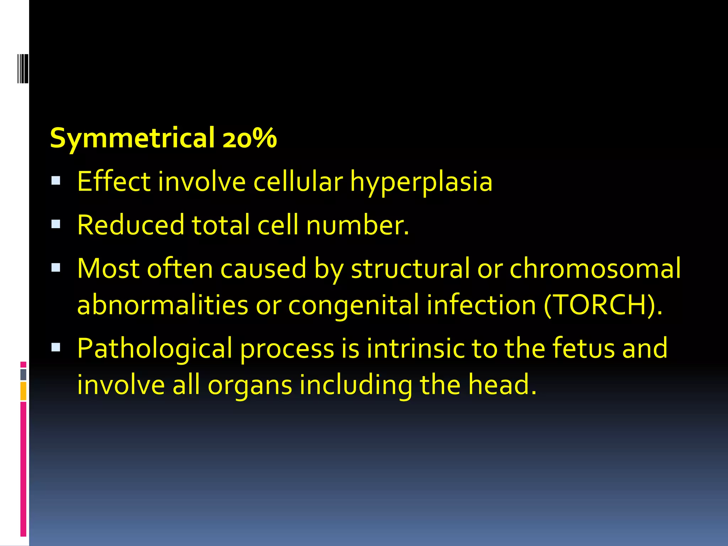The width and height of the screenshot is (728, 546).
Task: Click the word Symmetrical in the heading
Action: pyautogui.click(x=132, y=138)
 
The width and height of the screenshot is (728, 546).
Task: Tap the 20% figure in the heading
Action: pyautogui.click(x=250, y=138)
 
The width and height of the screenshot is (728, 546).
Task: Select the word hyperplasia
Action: pyautogui.click(x=421, y=182)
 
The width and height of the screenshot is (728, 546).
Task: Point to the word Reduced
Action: pyautogui.click(x=131, y=225)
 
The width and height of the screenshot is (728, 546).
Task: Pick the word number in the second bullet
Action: pyautogui.click(x=357, y=225)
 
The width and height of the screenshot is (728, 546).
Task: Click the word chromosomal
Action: pyautogui.click(x=595, y=268)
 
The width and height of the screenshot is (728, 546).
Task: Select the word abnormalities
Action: pyautogui.click(x=162, y=305)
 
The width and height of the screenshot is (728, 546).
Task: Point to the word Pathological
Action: pyautogui.click(x=155, y=349)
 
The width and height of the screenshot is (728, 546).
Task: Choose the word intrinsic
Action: pyautogui.click(x=415, y=348)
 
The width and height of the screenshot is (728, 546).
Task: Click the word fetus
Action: pyautogui.click(x=583, y=348)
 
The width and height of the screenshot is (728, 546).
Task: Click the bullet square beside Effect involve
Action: pyautogui.click(x=56, y=181)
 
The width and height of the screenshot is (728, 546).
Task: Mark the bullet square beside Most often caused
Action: pyautogui.click(x=56, y=267)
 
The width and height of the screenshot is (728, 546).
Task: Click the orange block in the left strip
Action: pyautogui.click(x=23, y=391)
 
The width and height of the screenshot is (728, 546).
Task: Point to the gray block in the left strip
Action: pyautogui.click(x=23, y=374)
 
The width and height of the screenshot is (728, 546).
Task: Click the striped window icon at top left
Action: pyautogui.click(x=23, y=69)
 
